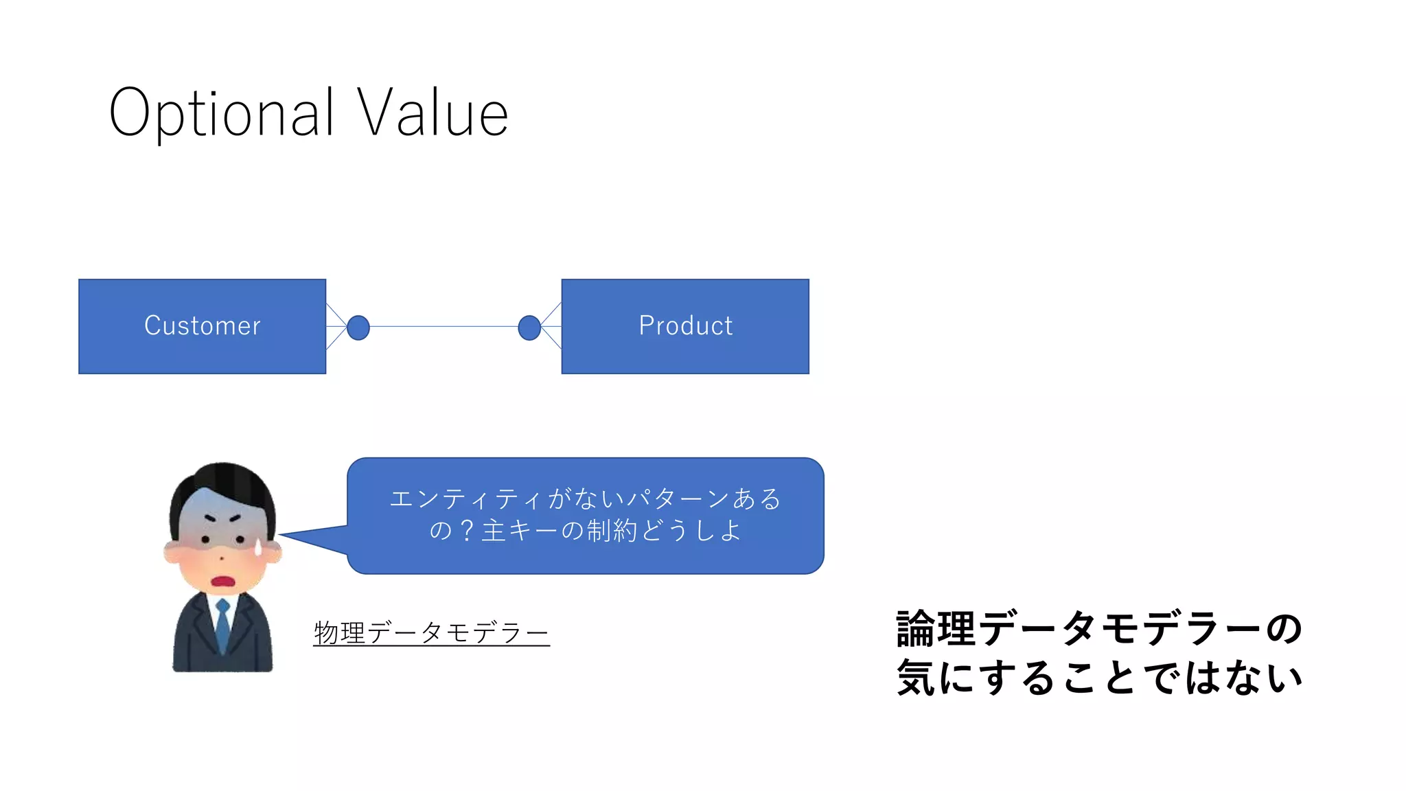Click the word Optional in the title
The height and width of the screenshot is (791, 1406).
(x=221, y=114)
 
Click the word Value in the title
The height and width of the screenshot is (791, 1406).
(x=433, y=113)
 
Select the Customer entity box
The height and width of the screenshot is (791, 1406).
(x=202, y=326)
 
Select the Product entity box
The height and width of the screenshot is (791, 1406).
(x=684, y=326)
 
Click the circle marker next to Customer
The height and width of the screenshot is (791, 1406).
(x=358, y=328)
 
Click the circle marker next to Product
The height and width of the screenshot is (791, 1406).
(x=529, y=328)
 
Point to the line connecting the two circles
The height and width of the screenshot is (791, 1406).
(x=443, y=327)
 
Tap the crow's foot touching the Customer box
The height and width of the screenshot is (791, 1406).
(x=335, y=327)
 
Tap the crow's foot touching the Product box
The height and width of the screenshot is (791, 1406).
(x=551, y=327)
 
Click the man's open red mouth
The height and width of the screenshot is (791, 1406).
(x=223, y=582)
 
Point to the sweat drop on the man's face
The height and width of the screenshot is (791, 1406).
(x=259, y=547)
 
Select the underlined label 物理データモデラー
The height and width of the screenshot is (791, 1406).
(x=431, y=632)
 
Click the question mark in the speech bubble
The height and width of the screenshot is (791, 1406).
(x=467, y=531)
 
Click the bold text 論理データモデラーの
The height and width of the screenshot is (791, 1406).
(x=1098, y=628)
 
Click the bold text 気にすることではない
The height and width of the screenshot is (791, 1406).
(x=1098, y=678)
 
